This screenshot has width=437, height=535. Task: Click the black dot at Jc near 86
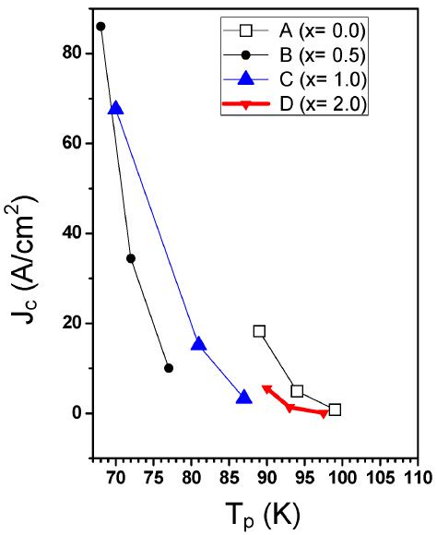coord(100,27)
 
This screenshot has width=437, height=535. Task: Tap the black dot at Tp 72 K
coord(131,258)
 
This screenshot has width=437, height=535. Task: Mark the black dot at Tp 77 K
coord(169,368)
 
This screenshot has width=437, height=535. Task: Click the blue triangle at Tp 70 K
coord(116,108)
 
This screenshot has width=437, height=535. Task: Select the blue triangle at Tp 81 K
coord(198,344)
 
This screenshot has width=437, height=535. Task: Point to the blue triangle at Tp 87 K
coord(243,398)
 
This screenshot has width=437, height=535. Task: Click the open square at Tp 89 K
coord(259,331)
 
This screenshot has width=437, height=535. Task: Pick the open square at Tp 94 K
coord(297,391)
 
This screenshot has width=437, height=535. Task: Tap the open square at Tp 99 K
coord(335,410)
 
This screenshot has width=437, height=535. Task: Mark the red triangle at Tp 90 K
coord(266,388)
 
